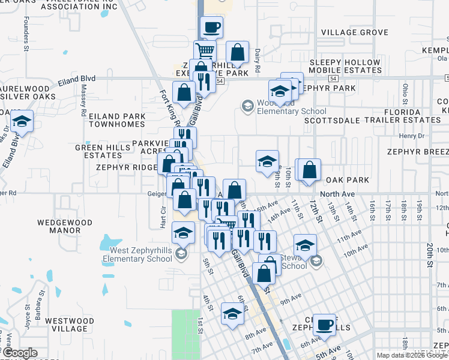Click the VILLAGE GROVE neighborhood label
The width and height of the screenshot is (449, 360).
[x=354, y=32]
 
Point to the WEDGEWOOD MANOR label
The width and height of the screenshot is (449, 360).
[x=65, y=226]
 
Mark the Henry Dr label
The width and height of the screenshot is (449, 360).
[x=411, y=136]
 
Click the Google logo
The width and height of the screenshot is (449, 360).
[x=20, y=353]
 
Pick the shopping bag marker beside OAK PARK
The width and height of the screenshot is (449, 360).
[x=309, y=170]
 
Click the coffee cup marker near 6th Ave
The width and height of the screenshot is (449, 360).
[x=325, y=325]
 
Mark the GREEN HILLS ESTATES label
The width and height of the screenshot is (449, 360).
[x=98, y=151]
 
